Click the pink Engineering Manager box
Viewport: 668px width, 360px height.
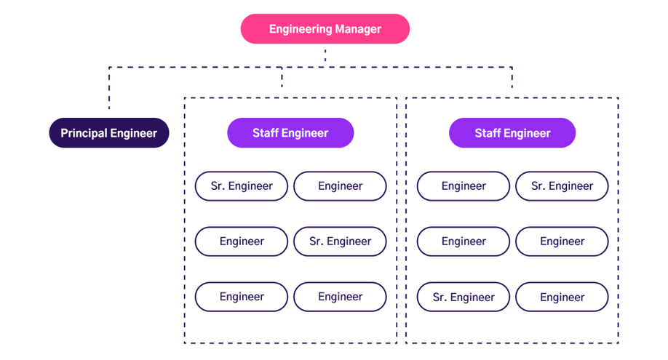(325, 29)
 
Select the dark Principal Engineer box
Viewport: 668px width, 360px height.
(109, 133)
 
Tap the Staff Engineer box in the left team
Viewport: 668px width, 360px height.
(290, 133)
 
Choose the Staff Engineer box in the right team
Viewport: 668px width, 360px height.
(512, 133)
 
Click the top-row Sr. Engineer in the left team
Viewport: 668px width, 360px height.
(242, 186)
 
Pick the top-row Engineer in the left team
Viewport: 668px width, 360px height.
(340, 186)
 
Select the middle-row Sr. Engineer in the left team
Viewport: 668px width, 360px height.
(340, 241)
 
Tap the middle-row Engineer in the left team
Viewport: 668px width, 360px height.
(242, 241)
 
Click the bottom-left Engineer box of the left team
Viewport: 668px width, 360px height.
(242, 297)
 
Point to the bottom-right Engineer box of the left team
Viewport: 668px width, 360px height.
(340, 297)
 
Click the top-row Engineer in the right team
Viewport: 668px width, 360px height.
(464, 186)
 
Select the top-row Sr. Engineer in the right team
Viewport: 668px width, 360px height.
(562, 186)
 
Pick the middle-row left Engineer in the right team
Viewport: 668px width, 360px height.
(464, 241)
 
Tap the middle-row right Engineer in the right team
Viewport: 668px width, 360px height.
(562, 241)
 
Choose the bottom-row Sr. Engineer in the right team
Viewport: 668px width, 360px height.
(464, 297)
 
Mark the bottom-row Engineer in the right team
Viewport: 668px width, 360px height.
(562, 297)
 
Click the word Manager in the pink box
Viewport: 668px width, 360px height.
(357, 29)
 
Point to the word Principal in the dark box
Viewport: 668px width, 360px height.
(84, 133)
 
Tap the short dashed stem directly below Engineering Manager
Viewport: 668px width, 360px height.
(325, 55)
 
